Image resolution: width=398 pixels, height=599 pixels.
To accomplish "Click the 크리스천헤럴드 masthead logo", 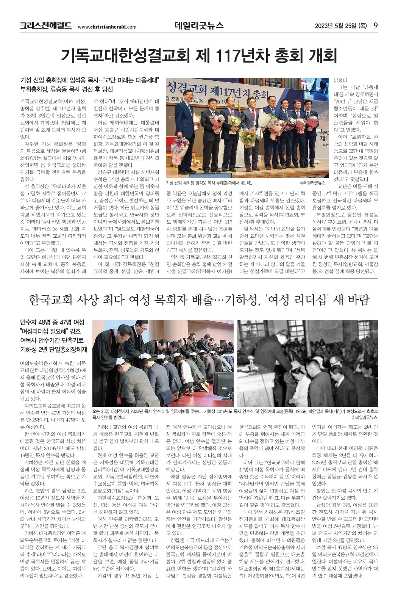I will (x=46, y=26).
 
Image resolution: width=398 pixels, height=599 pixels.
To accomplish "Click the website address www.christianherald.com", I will (x=107, y=27).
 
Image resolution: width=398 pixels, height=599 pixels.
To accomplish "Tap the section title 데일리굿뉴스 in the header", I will (x=199, y=25).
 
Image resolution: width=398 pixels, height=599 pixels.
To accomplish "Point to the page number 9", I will (x=375, y=25).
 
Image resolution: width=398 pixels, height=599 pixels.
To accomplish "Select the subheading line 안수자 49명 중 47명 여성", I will (x=52, y=322).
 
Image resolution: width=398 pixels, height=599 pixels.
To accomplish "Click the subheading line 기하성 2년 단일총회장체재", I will (x=54, y=349).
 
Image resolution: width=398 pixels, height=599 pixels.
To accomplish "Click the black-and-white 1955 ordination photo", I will (x=307, y=363).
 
